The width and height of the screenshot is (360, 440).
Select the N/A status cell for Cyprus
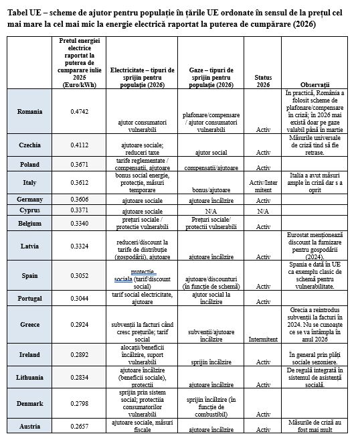click(x=263, y=210)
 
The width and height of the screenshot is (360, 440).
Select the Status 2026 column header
click(x=263, y=81)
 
